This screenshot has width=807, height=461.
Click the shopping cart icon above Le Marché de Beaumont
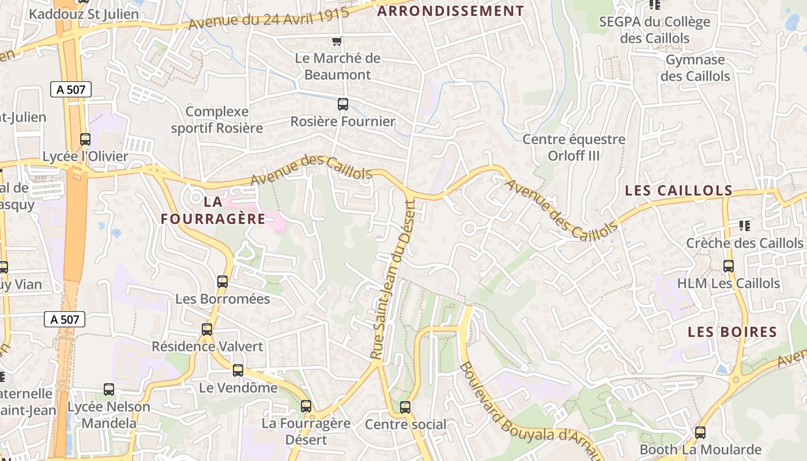pos(337,41)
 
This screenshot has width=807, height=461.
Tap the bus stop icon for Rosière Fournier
pos(343,104)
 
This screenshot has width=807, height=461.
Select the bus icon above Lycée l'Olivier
pos(85,139)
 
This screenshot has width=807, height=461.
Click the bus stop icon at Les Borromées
pos(223,282)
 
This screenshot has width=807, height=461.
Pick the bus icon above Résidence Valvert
pos(207,330)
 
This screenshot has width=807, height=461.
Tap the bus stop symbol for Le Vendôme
pos(238,371)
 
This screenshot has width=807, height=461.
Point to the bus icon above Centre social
pos(405,407)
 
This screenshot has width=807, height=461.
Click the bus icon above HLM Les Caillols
pos(729,266)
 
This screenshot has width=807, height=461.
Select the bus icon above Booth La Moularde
pos(700,432)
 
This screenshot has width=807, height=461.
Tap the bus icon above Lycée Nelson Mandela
pos(109,390)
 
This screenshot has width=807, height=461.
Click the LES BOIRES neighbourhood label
pos(733,332)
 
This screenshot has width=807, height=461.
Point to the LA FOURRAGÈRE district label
pos(213,210)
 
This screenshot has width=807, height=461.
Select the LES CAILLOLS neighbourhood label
pos(679,191)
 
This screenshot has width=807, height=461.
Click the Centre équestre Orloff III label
pos(574,148)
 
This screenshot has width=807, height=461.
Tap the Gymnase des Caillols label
pos(695,68)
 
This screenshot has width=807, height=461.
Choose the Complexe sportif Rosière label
pos(217,120)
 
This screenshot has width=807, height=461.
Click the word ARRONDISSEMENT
pos(451,11)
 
